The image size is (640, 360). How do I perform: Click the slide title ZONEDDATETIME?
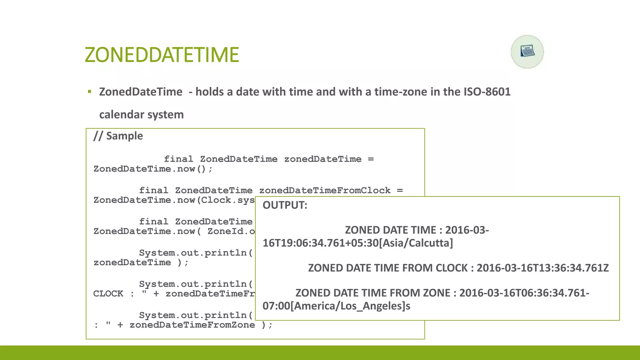(162, 55)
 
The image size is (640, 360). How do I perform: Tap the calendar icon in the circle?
(527, 51)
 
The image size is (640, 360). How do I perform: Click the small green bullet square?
(89, 92)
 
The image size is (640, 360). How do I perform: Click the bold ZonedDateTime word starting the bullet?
(141, 92)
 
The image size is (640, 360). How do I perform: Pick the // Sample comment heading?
(118, 136)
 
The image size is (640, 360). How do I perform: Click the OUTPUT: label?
(285, 205)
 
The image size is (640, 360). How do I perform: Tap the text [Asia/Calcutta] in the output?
(416, 243)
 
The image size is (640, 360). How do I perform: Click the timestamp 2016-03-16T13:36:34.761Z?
(542, 268)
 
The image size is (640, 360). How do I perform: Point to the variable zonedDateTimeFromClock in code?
(325, 190)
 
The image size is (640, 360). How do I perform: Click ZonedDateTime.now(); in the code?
(153, 169)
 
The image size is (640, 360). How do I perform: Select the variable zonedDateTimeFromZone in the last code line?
(192, 325)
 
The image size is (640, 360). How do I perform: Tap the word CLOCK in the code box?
(108, 294)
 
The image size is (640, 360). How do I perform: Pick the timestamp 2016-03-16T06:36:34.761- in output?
(524, 293)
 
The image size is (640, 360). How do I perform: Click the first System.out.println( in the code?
(196, 253)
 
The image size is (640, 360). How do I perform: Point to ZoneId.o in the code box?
(231, 231)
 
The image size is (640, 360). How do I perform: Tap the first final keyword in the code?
(178, 159)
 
